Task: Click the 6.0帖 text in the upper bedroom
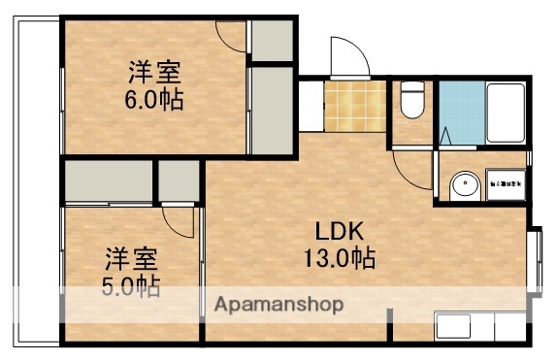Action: click(x=155, y=99)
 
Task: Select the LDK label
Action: click(x=339, y=233)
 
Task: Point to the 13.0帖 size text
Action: click(x=339, y=259)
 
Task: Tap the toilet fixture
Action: click(x=411, y=99)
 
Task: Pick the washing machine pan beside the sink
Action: click(x=505, y=181)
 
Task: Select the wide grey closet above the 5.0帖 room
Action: click(x=108, y=181)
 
